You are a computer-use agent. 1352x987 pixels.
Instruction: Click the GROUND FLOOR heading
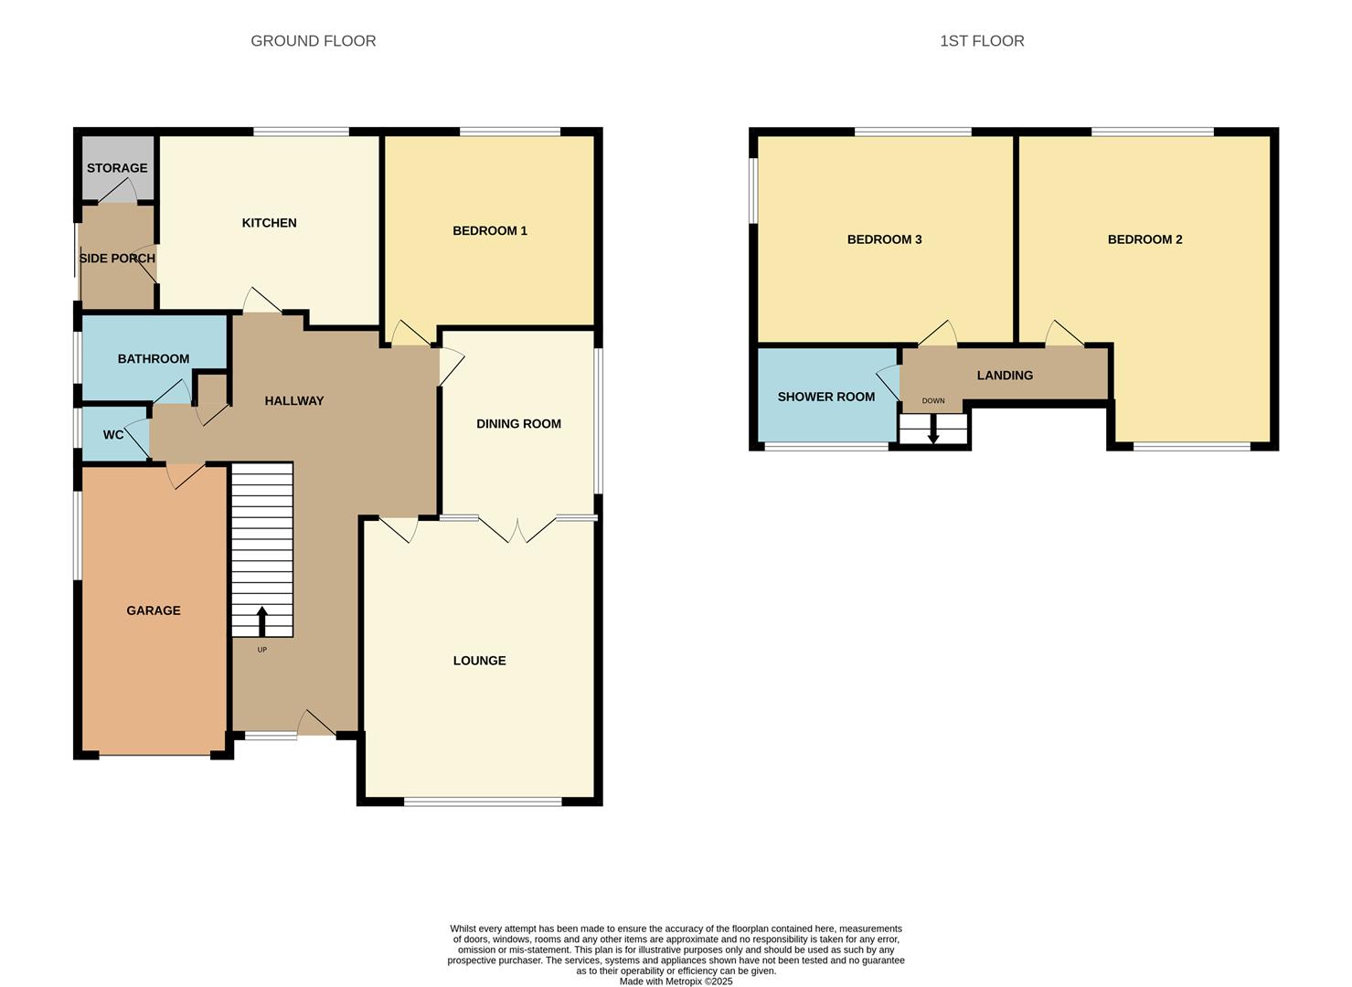(313, 41)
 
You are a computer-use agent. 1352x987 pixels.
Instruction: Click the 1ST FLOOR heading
(982, 41)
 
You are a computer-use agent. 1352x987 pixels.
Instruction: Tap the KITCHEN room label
(269, 223)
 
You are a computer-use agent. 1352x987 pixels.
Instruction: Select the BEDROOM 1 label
(490, 231)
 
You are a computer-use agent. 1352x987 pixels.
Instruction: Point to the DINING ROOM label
(518, 424)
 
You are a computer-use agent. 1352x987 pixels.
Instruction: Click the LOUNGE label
(479, 661)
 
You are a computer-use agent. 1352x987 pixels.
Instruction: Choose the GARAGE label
(154, 610)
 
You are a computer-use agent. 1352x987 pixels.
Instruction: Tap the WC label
(113, 435)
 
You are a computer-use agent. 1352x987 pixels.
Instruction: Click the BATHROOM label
(154, 359)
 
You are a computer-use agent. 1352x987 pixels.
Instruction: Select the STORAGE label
(117, 168)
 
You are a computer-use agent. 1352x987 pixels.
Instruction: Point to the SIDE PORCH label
(117, 259)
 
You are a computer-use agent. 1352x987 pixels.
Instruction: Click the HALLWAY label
(294, 401)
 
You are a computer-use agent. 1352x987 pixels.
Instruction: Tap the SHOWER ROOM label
(825, 397)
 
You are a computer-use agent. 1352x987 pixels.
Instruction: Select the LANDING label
(1005, 376)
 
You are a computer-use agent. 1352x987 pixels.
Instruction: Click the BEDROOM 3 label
(884, 239)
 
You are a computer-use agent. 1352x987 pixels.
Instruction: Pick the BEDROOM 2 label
(1144, 239)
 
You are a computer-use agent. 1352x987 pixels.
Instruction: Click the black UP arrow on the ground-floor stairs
(262, 621)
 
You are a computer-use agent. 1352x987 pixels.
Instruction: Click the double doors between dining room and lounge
(517, 530)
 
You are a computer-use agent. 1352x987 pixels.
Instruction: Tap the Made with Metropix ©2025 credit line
(676, 982)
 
